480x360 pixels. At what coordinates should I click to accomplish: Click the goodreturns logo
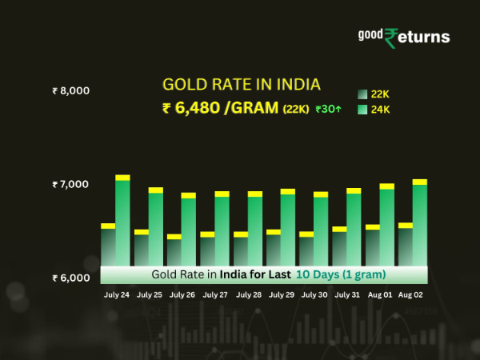coord(403,37)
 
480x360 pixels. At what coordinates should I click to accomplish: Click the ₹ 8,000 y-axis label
coord(70,91)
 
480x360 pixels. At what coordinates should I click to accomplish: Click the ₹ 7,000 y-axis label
coord(70,185)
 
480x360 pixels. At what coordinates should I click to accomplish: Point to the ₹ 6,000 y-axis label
coord(70,278)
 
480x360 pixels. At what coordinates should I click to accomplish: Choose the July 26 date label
coord(182,294)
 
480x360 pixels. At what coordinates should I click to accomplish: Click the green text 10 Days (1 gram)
coord(341,274)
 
